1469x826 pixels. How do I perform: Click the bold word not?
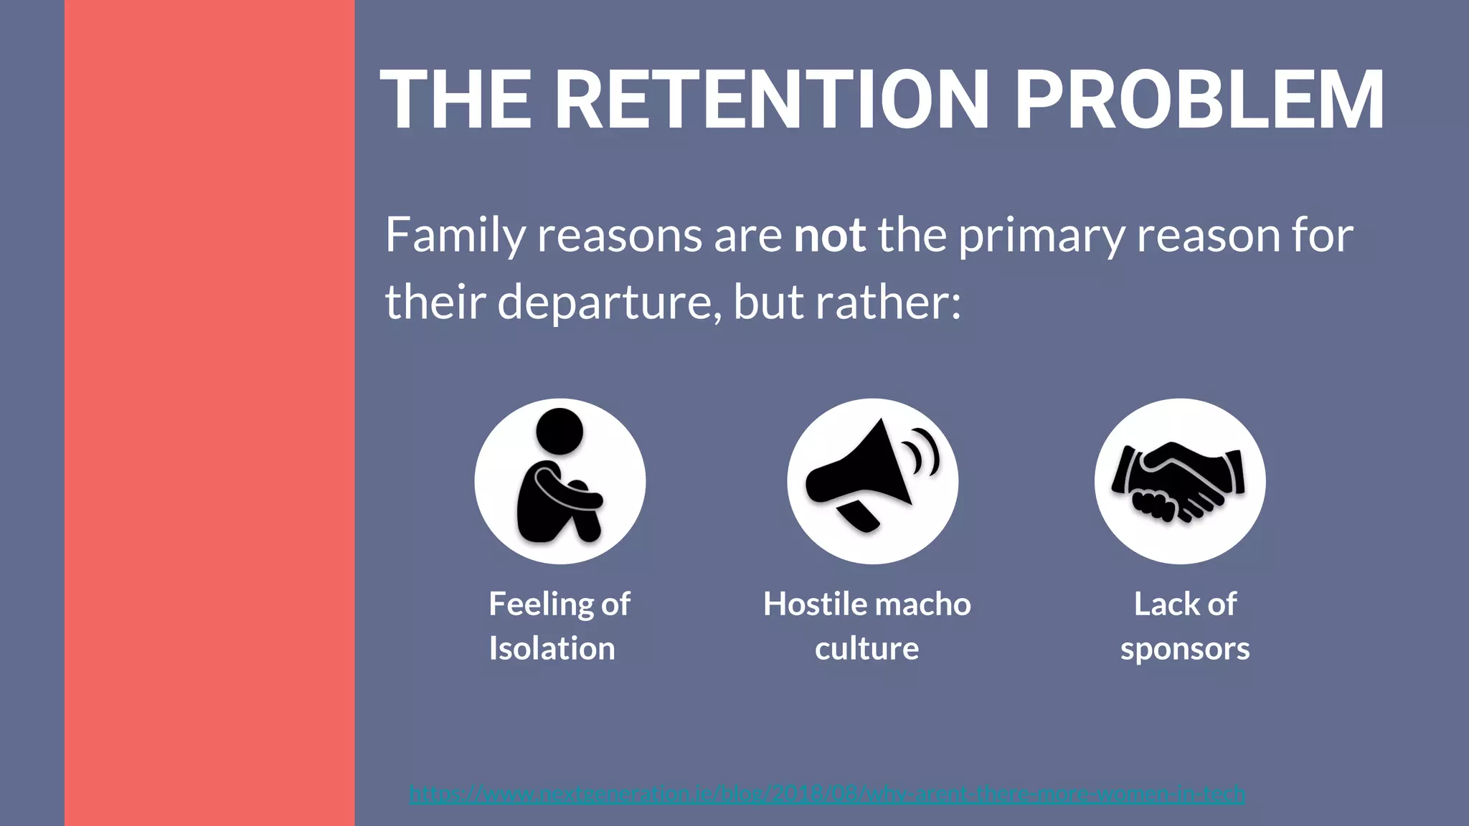(x=829, y=235)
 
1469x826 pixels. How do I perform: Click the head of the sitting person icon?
(x=559, y=431)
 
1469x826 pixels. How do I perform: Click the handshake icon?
(x=1179, y=481)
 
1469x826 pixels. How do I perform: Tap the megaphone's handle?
(x=858, y=515)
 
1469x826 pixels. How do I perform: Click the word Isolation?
(x=552, y=649)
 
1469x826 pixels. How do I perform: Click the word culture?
(x=866, y=649)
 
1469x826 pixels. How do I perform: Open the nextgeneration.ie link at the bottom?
(x=826, y=794)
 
